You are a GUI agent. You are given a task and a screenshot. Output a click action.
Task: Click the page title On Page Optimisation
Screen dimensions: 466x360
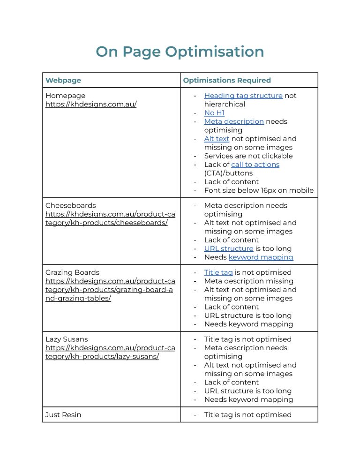click(180, 52)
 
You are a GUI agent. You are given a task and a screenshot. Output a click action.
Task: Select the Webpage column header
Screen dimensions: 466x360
click(63, 80)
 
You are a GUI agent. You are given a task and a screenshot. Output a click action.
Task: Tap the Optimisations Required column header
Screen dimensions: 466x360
click(227, 80)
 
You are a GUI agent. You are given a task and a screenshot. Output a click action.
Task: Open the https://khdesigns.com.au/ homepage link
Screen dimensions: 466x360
click(91, 104)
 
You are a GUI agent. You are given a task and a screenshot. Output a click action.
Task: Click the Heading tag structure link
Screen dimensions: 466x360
click(243, 96)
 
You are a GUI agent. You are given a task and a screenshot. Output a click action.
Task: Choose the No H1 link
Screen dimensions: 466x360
click(214, 113)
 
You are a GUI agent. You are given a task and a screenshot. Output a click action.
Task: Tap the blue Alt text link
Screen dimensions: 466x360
click(217, 139)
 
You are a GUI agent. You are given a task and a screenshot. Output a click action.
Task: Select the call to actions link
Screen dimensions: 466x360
click(255, 165)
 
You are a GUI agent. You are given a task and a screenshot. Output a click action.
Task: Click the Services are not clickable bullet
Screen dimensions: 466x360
click(248, 156)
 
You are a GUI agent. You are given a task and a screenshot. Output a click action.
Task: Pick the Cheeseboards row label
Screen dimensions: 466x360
click(70, 205)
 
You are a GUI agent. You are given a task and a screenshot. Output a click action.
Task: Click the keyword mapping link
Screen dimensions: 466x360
click(261, 257)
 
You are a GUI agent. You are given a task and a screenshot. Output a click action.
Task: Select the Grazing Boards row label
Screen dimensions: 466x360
click(72, 272)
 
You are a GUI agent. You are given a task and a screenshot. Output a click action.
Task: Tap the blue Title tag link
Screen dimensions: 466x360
click(218, 272)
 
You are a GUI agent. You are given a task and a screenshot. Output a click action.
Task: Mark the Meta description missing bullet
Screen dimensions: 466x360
click(248, 281)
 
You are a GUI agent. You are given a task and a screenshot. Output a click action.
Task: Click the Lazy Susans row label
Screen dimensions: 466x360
click(67, 339)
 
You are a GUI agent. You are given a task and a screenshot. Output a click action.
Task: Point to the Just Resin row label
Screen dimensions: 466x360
click(64, 415)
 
